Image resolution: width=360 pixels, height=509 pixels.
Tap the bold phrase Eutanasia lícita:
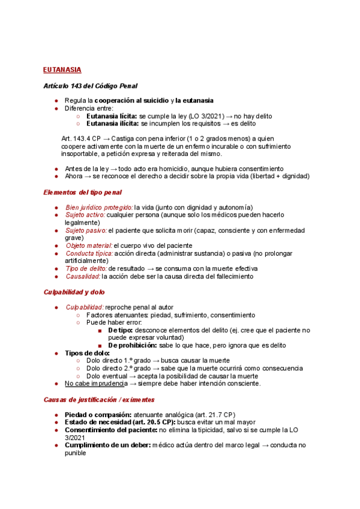coord(112,116)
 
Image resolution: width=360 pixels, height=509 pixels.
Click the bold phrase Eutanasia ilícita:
coord(113,124)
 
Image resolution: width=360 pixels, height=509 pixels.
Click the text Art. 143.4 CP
coord(81,139)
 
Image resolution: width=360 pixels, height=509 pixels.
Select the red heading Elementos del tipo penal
coord(83,192)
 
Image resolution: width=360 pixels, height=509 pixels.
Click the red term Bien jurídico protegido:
coord(99,207)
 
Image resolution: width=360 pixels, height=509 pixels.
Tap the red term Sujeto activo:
coord(85,215)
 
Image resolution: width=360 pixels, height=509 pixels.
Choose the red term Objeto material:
coord(89,245)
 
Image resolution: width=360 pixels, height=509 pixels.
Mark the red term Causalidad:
coord(83,277)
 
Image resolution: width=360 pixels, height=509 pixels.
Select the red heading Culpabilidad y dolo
coord(74,292)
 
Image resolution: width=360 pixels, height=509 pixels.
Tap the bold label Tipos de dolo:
coord(87,353)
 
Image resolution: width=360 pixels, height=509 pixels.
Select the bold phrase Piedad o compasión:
coord(98,415)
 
